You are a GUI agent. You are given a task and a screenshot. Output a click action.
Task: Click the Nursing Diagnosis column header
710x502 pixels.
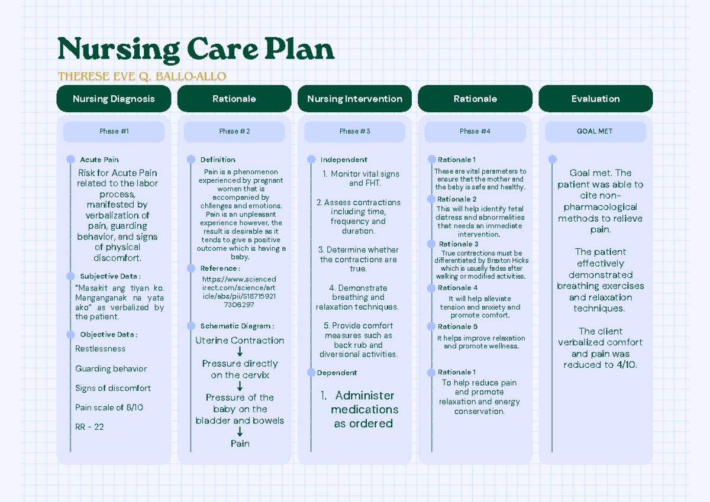tap(114, 99)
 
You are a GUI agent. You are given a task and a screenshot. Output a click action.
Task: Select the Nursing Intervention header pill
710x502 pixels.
tap(354, 99)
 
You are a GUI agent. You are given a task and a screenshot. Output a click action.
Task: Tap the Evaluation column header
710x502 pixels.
tap(595, 99)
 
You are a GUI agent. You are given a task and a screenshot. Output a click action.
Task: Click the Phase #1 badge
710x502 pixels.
tap(114, 131)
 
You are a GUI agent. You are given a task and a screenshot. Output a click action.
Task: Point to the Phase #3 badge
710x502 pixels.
tap(354, 131)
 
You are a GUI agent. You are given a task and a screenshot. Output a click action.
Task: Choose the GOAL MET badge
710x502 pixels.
tap(595, 131)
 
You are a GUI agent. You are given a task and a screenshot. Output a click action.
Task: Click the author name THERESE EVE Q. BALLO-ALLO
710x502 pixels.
tap(142, 76)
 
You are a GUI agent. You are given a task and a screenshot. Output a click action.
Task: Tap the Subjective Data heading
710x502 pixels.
tap(110, 276)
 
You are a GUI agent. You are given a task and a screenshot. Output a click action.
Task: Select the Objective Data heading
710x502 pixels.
tap(109, 335)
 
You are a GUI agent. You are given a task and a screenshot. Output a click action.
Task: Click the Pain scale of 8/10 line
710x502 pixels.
tap(109, 407)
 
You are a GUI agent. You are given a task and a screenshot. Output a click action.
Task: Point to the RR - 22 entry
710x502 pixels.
tap(89, 427)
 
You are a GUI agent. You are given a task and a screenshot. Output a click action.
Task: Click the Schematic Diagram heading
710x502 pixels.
tap(237, 326)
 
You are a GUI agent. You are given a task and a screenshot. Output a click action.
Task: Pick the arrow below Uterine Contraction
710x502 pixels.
tap(240, 352)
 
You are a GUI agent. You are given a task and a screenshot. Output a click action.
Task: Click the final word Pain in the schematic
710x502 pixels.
tap(240, 443)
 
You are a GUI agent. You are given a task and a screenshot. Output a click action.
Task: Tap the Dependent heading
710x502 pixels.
tap(337, 373)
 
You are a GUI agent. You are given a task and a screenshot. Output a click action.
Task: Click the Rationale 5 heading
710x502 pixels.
tap(457, 326)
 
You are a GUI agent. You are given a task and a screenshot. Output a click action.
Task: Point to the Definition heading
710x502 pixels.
tap(218, 160)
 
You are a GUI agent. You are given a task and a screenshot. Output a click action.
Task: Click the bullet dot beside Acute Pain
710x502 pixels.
tap(70, 159)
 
